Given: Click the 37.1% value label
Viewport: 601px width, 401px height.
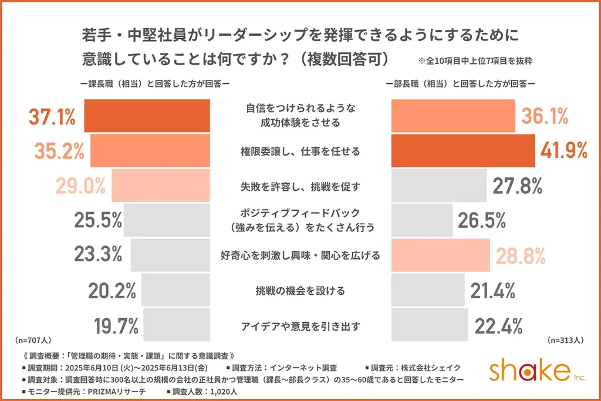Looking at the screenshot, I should (x=52, y=117).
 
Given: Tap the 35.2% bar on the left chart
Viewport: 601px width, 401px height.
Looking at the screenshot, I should (x=150, y=151).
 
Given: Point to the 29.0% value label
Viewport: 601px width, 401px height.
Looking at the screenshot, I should (x=80, y=186).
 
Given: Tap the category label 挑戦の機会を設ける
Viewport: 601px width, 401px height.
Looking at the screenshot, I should (x=300, y=290).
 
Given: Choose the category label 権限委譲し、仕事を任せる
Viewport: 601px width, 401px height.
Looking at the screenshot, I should (x=300, y=151).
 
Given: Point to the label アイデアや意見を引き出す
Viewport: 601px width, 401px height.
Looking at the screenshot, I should (x=300, y=325).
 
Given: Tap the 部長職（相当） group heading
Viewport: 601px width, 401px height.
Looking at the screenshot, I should (x=460, y=84).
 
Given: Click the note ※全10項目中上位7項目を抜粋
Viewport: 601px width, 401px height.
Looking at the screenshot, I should (x=475, y=60).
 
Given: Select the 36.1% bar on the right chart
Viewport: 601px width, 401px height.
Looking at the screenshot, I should (x=453, y=116).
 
